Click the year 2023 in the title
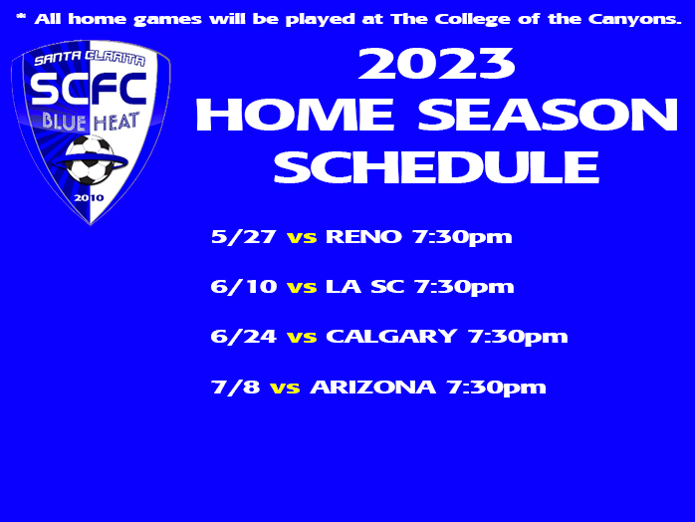(x=436, y=64)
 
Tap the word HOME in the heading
(x=295, y=115)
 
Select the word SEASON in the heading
(x=548, y=115)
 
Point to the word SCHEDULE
(x=436, y=166)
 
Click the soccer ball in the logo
(x=90, y=160)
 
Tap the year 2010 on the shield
(x=89, y=198)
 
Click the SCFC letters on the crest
(x=89, y=89)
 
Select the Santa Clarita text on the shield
(x=90, y=58)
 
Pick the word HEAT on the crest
(x=116, y=123)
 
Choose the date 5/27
(x=243, y=236)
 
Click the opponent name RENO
(x=363, y=236)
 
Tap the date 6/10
(x=244, y=287)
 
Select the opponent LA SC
(x=365, y=287)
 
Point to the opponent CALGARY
(x=391, y=336)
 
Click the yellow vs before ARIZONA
(x=285, y=388)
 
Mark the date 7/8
(x=235, y=387)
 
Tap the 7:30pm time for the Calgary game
(x=518, y=337)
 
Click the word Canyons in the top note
(x=634, y=20)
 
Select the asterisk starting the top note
(x=21, y=17)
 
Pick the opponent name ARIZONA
(x=372, y=387)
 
